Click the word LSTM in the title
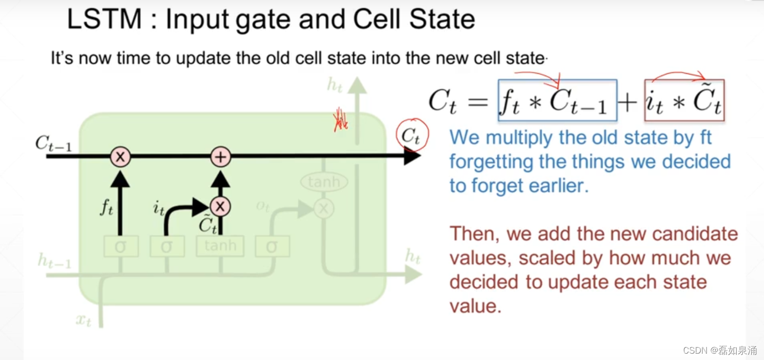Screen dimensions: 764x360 (104, 20)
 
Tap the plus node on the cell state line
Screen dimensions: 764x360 (220, 157)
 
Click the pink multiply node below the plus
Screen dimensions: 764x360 (220, 206)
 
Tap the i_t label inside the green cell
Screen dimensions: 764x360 (159, 209)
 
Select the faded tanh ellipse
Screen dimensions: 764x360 (324, 183)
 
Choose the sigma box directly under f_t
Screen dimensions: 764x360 (120, 246)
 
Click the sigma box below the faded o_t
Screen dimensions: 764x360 (272, 246)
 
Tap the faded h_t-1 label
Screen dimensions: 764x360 (54, 262)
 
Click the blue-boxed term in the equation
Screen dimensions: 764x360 (557, 100)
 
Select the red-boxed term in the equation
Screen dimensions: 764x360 (684, 100)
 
